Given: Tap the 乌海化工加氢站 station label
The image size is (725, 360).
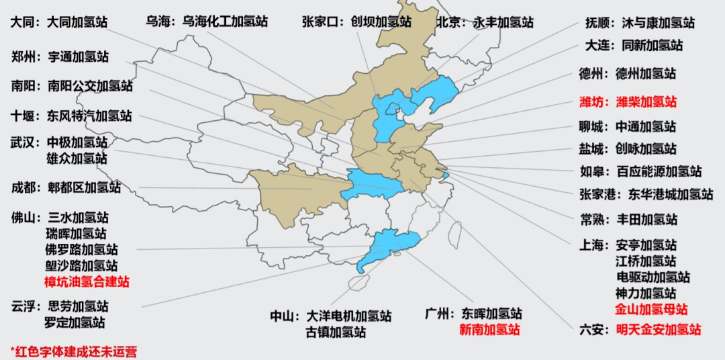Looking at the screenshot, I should tap(225, 21).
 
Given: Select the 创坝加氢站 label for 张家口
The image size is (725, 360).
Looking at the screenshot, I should tap(381, 21).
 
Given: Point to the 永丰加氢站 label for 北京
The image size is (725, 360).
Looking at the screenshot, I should tap(503, 21).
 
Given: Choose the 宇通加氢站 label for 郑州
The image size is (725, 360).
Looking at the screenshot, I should tap(78, 57).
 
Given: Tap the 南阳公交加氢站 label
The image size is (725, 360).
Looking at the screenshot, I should tap(90, 86).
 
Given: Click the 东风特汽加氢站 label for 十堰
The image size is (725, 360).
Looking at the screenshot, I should tap(89, 115).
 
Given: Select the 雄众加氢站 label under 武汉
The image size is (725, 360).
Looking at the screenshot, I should tap(77, 159).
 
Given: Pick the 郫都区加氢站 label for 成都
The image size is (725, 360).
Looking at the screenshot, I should tap(84, 187).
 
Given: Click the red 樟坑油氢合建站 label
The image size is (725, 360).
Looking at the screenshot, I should tap(87, 281).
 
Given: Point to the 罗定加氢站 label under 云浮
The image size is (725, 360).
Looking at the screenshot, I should tap(75, 322).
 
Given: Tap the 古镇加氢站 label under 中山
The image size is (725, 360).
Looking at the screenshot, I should tap(336, 332).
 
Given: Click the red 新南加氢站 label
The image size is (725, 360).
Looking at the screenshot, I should tap(489, 330).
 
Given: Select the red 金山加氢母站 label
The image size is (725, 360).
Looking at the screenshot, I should tap(651, 310).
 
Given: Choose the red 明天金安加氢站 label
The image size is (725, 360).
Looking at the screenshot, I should tap(659, 330).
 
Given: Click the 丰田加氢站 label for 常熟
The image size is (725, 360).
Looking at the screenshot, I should tap(648, 220).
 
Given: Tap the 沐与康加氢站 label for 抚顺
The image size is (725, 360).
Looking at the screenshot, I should tap(658, 24).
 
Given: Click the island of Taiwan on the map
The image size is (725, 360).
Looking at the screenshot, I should tap(453, 236).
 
